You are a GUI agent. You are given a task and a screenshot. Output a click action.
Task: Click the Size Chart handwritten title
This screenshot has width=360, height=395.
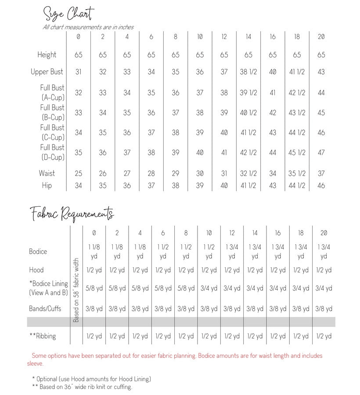(68, 14)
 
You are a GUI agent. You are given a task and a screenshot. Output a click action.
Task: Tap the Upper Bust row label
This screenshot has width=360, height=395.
(47, 72)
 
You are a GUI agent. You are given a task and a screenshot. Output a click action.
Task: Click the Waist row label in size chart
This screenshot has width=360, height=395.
(47, 173)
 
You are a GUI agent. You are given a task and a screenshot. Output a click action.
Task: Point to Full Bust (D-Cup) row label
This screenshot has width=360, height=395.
(52, 152)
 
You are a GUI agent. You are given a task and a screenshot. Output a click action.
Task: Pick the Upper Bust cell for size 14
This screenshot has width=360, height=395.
(248, 72)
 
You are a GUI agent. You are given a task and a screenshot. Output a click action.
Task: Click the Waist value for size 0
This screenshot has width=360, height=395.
(78, 173)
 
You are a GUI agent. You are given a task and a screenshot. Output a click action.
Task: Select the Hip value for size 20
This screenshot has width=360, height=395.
(321, 185)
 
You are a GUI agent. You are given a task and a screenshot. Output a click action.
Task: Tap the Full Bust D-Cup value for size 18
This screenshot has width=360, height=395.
(297, 152)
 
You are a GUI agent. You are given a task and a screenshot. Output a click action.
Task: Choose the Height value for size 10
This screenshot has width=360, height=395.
(200, 55)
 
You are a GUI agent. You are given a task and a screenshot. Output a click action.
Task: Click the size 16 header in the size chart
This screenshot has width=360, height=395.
(273, 37)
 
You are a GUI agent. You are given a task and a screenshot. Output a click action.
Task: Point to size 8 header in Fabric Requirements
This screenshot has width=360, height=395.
(186, 233)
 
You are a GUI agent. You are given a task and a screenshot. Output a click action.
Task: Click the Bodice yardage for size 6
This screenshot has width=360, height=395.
(163, 251)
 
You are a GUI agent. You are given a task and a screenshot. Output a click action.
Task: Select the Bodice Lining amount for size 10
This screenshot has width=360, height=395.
(209, 288)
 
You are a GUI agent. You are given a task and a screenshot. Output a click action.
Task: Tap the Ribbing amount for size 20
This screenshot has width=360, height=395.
(324, 336)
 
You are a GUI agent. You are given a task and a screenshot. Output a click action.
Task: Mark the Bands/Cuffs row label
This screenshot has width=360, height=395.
(45, 309)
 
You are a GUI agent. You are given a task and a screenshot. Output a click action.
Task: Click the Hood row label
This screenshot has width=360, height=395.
(36, 270)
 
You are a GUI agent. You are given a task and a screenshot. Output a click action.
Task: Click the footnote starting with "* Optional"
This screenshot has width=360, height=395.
(91, 379)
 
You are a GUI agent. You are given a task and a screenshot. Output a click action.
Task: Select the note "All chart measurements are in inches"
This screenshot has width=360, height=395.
(88, 27)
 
